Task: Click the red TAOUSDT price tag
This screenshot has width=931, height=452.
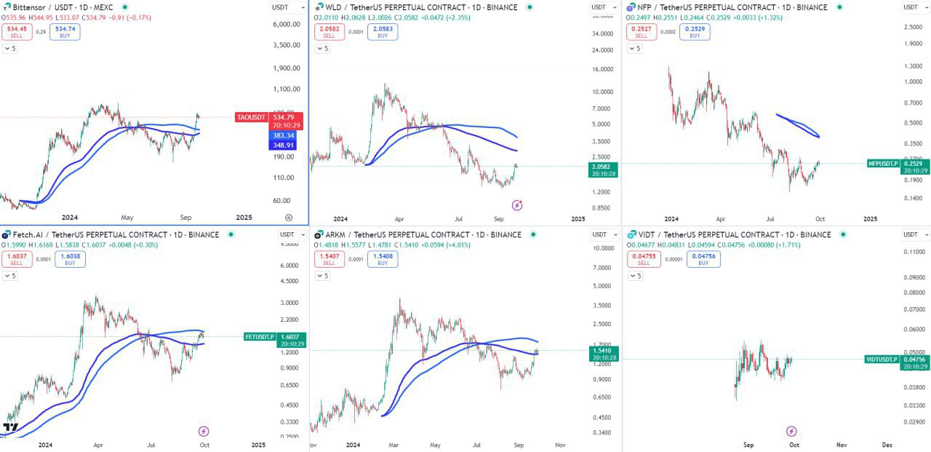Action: (x=252, y=117)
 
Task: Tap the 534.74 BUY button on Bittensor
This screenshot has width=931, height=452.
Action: (x=65, y=32)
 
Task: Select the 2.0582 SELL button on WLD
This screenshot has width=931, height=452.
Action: (x=329, y=32)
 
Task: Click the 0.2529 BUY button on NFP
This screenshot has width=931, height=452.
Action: (x=695, y=32)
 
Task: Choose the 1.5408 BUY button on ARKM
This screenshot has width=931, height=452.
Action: (x=382, y=260)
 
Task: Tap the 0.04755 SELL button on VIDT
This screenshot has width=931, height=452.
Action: (x=643, y=260)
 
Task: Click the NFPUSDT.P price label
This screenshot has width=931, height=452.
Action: (x=883, y=164)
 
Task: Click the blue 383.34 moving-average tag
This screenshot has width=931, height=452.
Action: (x=283, y=135)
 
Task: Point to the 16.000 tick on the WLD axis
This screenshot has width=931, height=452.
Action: (x=602, y=70)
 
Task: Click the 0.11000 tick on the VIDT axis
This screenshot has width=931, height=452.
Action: (x=915, y=252)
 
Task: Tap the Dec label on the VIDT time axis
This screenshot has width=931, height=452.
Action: (x=887, y=444)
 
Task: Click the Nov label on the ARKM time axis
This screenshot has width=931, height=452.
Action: (x=560, y=444)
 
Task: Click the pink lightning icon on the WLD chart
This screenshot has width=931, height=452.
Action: (x=517, y=205)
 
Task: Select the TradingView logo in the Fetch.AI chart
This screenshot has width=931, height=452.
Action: (x=10, y=427)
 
